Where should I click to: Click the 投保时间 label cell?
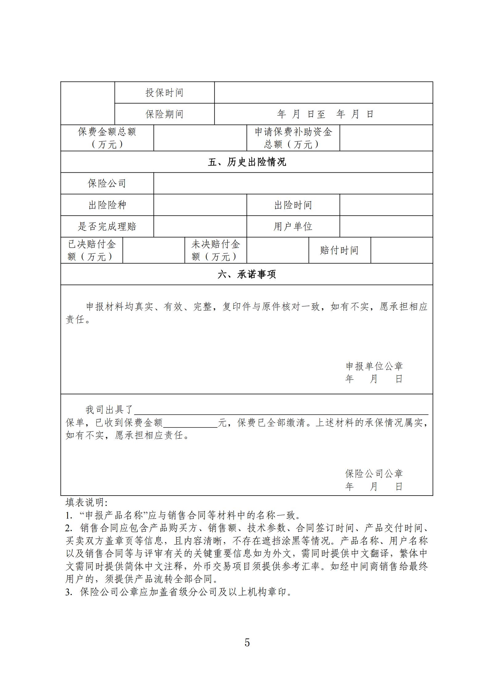click(164, 93)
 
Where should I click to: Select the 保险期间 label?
click(164, 114)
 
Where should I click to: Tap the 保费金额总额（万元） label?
click(107, 138)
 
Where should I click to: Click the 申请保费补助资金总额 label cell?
click(293, 138)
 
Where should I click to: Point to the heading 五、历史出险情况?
click(247, 162)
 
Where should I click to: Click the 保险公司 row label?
click(107, 183)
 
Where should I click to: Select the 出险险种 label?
click(107, 205)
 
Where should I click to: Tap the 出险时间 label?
click(293, 205)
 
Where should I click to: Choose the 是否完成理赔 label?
click(107, 227)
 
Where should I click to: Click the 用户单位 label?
click(293, 227)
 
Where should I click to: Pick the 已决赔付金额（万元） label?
click(92, 250)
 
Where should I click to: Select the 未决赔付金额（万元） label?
click(215, 250)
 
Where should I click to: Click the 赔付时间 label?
click(339, 250)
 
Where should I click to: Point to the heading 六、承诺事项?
click(247, 274)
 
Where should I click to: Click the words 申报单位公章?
click(374, 366)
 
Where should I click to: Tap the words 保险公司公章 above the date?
click(374, 473)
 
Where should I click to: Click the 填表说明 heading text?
click(86, 503)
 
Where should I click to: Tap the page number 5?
click(247, 642)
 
